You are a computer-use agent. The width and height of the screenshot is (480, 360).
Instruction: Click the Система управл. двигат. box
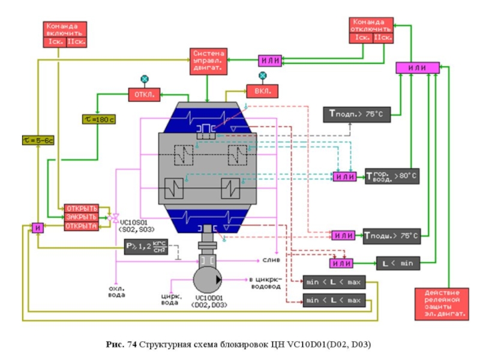pos(207,61)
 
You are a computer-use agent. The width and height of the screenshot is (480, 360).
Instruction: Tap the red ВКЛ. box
pos(263,91)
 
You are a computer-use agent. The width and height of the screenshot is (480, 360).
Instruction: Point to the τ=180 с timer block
pos(98,119)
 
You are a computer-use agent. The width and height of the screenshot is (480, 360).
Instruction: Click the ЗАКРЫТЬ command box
pos(82,217)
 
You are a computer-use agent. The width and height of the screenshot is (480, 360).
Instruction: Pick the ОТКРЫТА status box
pos(82,226)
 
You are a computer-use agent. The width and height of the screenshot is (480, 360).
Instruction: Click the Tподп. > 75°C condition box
pos(357,114)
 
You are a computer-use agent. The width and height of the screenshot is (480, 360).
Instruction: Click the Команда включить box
pos(67,34)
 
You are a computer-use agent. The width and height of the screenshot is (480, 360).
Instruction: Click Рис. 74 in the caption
pos(119,344)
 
